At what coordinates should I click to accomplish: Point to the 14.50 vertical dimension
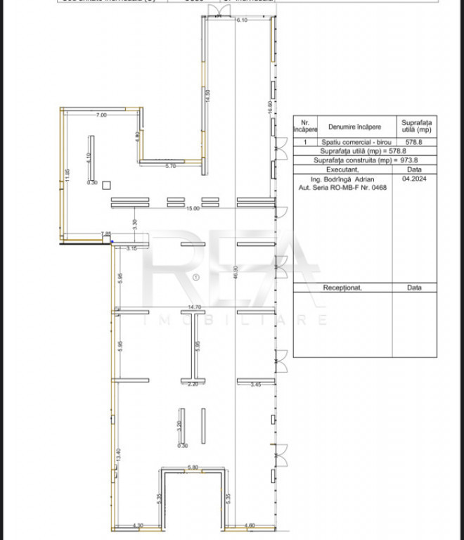207,96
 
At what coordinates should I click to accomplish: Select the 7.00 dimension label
101,115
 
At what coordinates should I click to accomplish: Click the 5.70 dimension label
170,166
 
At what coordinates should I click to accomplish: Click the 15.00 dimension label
192,209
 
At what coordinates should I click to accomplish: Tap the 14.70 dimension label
195,307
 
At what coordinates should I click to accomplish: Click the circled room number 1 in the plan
196,277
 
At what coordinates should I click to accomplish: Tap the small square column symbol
106,185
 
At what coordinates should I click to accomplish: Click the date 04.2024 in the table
415,179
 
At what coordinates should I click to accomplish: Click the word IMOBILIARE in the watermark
235,321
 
